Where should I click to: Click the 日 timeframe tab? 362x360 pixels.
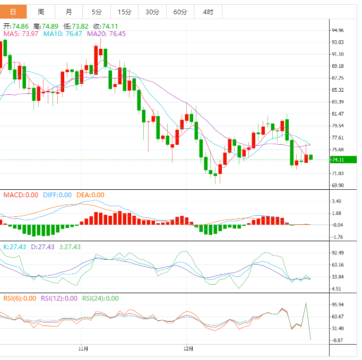pyautogui.click(x=13, y=12)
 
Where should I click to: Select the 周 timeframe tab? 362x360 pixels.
pyautogui.click(x=41, y=12)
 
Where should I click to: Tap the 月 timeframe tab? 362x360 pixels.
pyautogui.click(x=69, y=12)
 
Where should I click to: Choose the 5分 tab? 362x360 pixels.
pyautogui.click(x=97, y=12)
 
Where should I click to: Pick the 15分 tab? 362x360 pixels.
pyautogui.click(x=124, y=12)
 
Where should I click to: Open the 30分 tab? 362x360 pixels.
pyautogui.click(x=152, y=12)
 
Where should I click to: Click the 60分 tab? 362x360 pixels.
pyautogui.click(x=180, y=12)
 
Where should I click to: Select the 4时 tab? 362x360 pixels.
pyautogui.click(x=208, y=12)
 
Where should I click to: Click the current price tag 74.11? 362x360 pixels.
pyautogui.click(x=338, y=160)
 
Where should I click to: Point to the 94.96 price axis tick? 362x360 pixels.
pyautogui.click(x=338, y=30)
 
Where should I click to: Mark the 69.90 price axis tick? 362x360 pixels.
pyautogui.click(x=338, y=186)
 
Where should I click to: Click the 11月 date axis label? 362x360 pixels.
pyautogui.click(x=83, y=349)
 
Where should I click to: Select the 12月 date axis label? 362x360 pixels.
pyautogui.click(x=188, y=349)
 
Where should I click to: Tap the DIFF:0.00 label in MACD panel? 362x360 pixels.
pyautogui.click(x=57, y=195)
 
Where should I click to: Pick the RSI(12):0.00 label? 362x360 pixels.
pyautogui.click(x=59, y=298)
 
